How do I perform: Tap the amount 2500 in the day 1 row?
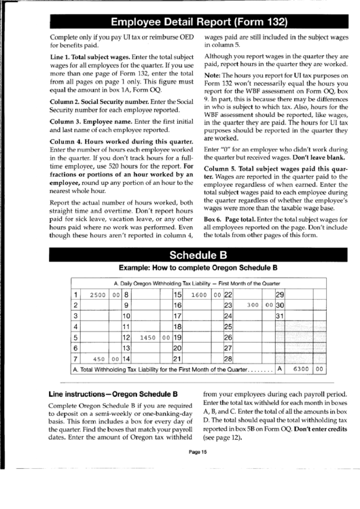coord(98,295)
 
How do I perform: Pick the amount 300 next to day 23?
coord(254,306)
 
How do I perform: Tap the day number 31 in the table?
coord(279,316)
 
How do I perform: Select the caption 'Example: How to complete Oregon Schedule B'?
coord(190,268)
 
